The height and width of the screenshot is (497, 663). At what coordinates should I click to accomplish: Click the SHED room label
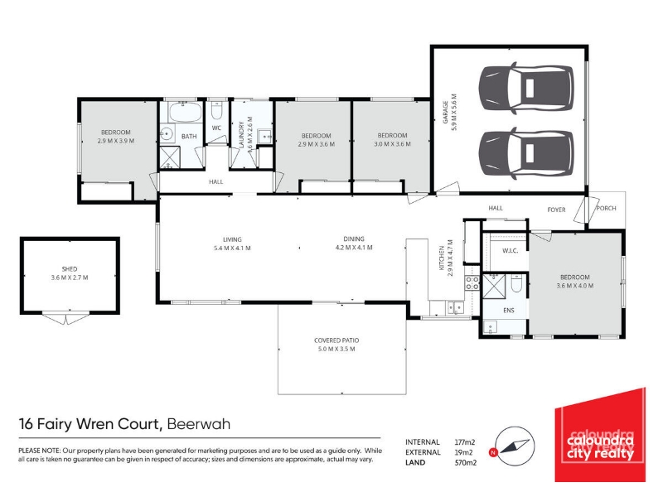70,268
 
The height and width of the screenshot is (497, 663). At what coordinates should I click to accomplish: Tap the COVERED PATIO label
336,340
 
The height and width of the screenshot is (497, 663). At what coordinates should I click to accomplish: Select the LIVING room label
232,239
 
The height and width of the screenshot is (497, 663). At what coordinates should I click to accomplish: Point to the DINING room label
354,239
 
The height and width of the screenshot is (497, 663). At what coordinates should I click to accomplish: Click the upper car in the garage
526,89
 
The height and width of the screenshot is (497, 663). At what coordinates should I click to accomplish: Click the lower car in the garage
526,153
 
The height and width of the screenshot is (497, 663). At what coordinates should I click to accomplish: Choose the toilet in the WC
216,111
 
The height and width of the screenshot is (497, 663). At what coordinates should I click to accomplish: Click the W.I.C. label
510,251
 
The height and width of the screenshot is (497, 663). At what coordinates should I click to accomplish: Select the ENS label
509,310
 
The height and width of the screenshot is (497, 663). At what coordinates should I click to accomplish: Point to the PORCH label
606,208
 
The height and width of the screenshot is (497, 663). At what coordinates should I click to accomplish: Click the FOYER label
556,210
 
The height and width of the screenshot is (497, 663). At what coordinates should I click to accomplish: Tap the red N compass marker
492,452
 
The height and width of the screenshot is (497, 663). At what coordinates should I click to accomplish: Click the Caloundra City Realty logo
600,435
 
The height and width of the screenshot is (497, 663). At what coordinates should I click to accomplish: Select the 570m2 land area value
465,462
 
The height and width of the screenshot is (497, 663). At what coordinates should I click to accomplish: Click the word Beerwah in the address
199,424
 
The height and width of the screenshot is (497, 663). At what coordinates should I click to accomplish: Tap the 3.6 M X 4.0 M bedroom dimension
574,286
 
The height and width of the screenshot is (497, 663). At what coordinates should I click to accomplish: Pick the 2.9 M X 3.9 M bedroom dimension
115,141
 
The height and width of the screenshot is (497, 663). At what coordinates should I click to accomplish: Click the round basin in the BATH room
167,134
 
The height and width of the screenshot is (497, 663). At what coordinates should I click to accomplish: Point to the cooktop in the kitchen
472,282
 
